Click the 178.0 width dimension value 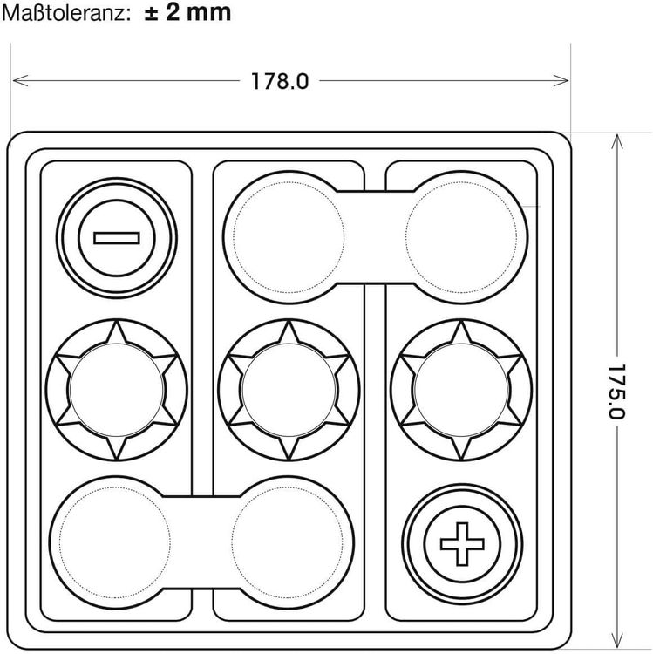click(x=280, y=81)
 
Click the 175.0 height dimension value click(x=616, y=392)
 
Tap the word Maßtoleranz click(x=64, y=13)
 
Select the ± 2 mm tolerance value click(x=187, y=12)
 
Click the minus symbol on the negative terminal click(x=116, y=238)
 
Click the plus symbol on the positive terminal click(x=462, y=543)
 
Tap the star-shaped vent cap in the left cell click(x=117, y=391)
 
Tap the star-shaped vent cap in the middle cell click(x=289, y=391)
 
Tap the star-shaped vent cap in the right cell click(x=461, y=391)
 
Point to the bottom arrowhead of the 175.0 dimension click(x=616, y=644)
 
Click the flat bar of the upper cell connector click(x=375, y=237)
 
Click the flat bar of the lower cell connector click(x=201, y=542)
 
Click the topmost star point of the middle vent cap click(x=289, y=321)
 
